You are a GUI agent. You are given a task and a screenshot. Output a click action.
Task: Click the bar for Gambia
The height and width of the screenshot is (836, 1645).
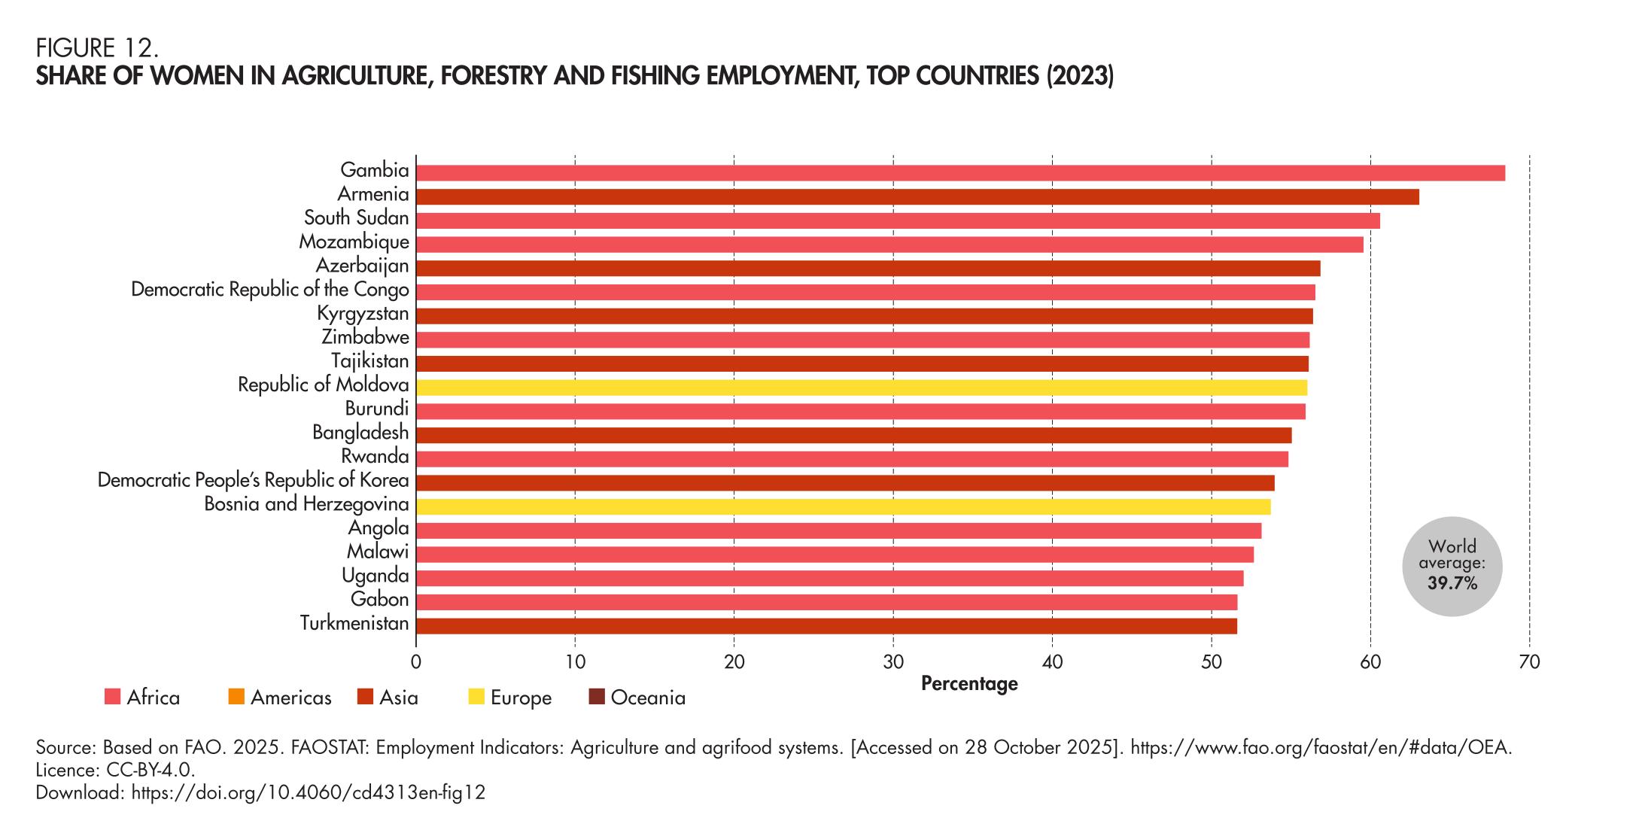click(959, 173)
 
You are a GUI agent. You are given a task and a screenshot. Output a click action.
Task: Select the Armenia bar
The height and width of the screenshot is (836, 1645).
click(917, 197)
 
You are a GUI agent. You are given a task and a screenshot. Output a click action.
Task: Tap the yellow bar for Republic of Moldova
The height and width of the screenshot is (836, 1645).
click(861, 388)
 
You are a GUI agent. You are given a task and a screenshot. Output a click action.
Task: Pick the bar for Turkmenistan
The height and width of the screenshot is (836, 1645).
click(826, 626)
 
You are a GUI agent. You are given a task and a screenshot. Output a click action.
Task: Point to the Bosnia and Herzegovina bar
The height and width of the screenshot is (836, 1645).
click(843, 506)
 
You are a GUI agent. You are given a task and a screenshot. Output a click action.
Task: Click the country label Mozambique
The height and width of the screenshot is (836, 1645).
click(354, 242)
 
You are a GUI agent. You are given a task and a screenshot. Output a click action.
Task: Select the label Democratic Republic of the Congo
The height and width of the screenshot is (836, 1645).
click(270, 290)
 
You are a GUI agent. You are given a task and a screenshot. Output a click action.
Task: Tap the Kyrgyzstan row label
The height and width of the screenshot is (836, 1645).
click(363, 314)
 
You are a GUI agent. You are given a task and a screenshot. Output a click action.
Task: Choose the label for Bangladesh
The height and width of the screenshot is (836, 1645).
click(360, 433)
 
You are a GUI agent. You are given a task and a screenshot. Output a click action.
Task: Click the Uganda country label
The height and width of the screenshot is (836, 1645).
click(376, 576)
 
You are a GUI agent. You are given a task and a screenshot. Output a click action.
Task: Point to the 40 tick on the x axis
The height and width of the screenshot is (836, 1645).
click(1052, 663)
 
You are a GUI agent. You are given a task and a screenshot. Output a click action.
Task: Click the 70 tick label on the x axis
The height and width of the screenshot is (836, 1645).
click(1529, 663)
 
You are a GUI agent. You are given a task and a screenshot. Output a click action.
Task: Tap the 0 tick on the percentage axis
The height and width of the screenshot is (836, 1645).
click(416, 663)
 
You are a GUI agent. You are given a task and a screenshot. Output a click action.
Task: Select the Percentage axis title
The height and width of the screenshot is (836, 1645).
click(969, 684)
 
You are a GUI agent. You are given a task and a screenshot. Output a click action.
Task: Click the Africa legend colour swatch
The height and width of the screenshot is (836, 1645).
click(112, 698)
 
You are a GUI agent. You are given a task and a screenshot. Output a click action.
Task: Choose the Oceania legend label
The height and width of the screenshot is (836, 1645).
click(648, 698)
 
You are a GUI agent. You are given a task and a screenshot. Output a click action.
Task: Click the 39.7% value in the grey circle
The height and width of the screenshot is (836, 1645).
click(1452, 583)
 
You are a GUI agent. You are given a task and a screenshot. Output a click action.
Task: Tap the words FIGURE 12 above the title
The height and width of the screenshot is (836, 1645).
click(97, 49)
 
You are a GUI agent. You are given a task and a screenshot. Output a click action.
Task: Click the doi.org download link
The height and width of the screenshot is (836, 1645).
click(309, 792)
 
